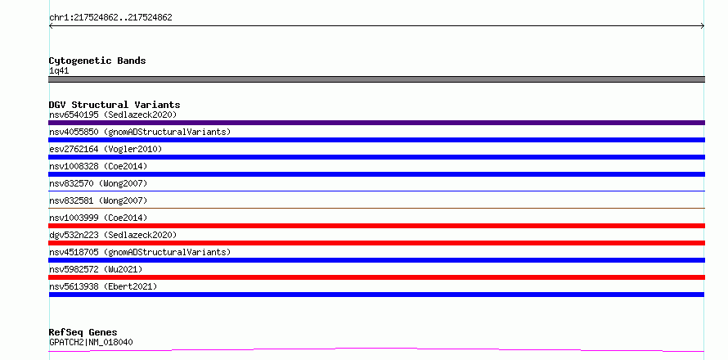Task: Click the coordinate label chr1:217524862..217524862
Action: pos(110,18)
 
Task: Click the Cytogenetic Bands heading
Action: pos(97,61)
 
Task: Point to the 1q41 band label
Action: pos(59,71)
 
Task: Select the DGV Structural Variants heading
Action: pos(115,105)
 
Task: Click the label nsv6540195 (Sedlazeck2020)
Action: pos(113,115)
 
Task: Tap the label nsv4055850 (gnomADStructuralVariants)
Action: pos(140,132)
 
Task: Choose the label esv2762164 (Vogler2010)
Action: pos(106,149)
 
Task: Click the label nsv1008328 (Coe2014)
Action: pos(98,166)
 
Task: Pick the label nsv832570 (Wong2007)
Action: pos(98,183)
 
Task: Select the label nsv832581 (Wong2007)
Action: pos(98,200)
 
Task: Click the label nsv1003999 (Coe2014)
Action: pos(98,218)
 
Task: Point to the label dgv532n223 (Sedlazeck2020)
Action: pos(113,235)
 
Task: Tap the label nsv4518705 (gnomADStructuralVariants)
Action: pos(140,252)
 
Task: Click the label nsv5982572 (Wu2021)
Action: pos(96,269)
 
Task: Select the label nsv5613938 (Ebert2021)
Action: pos(103,286)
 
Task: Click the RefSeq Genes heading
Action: pos(83,333)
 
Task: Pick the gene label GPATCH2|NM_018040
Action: pos(91,342)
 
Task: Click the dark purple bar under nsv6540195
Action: pos(376,123)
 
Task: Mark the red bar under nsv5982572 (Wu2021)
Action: pos(376,277)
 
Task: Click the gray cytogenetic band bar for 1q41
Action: pos(376,79)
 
